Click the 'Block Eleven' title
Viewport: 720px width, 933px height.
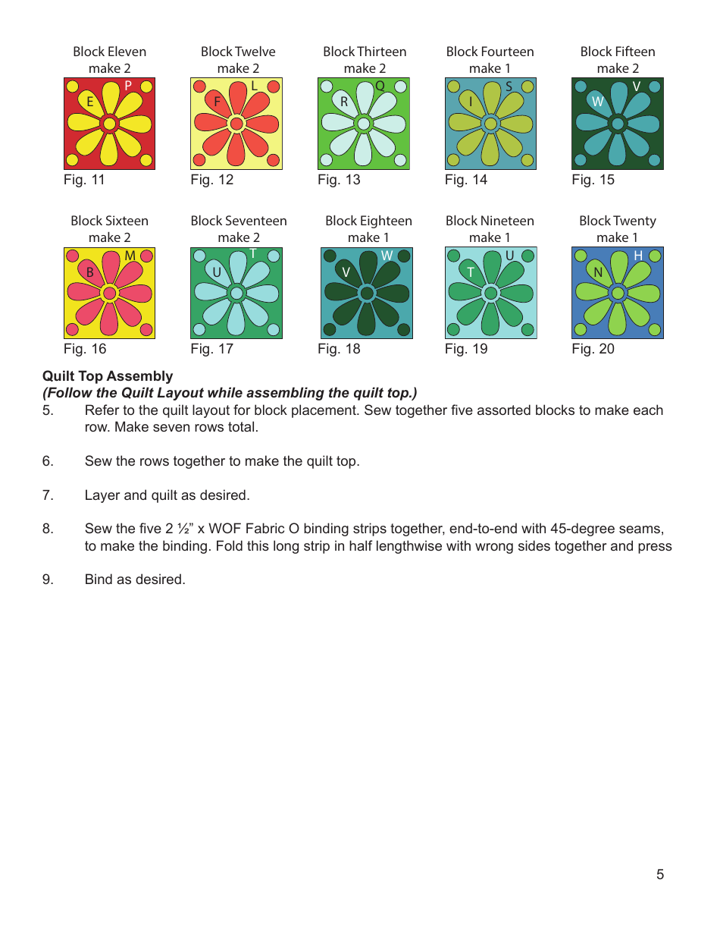tap(109, 52)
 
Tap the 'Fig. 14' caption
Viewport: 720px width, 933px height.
tap(465, 180)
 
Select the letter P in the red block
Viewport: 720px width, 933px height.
tap(128, 86)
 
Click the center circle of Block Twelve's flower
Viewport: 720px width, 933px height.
tap(236, 124)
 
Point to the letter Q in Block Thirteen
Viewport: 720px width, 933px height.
tap(380, 86)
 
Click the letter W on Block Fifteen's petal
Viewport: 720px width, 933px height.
tap(598, 101)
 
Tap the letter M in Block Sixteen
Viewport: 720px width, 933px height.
tap(130, 256)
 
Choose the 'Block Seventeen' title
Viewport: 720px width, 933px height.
tap(238, 221)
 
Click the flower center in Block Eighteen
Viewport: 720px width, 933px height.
tap(367, 293)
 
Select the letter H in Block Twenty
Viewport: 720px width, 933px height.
tap(637, 256)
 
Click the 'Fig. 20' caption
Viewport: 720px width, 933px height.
tap(593, 349)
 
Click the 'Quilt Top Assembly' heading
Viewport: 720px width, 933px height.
tap(108, 376)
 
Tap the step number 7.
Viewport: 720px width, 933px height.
tap(48, 495)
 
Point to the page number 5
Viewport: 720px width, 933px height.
tap(660, 875)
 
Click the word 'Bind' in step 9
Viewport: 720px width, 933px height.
tap(98, 580)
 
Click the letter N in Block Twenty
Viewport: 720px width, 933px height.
tap(598, 272)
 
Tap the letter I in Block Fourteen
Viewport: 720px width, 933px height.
tap(471, 102)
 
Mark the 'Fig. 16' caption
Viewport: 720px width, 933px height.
tap(85, 349)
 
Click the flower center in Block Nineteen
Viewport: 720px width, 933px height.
tap(490, 293)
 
